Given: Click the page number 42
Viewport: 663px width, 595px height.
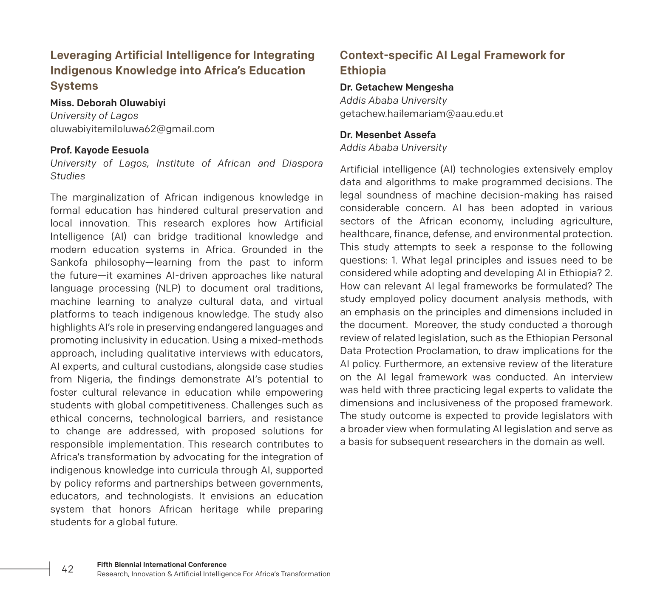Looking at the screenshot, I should pyautogui.click(x=68, y=569).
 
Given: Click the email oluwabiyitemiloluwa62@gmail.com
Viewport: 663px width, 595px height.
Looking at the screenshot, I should pyautogui.click(x=132, y=129).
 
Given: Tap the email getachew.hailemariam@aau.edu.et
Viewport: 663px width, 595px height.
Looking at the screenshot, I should pyautogui.click(x=421, y=113).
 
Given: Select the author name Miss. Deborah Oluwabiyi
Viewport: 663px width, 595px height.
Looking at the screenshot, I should pyautogui.click(x=108, y=103).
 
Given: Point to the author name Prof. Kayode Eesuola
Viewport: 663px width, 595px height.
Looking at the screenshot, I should pyautogui.click(x=99, y=150).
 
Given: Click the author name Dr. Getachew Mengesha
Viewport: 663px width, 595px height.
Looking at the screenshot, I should pyautogui.click(x=397, y=87).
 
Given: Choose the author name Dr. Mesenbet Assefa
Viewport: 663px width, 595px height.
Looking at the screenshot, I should pyautogui.click(x=388, y=135).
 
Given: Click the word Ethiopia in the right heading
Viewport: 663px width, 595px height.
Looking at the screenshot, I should pyautogui.click(x=363, y=71).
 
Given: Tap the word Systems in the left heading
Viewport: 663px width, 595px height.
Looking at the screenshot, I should pyautogui.click(x=74, y=86).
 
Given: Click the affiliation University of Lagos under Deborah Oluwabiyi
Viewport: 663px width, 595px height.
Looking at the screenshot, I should pyautogui.click(x=94, y=116).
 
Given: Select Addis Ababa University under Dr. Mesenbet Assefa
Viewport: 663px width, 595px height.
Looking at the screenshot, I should pyautogui.click(x=393, y=147).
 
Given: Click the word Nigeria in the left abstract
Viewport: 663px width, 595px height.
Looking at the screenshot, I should pyautogui.click(x=93, y=379).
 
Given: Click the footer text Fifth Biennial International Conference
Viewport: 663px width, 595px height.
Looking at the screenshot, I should pyautogui.click(x=161, y=564).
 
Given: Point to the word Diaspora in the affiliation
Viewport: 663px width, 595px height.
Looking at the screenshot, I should pyautogui.click(x=302, y=163).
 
